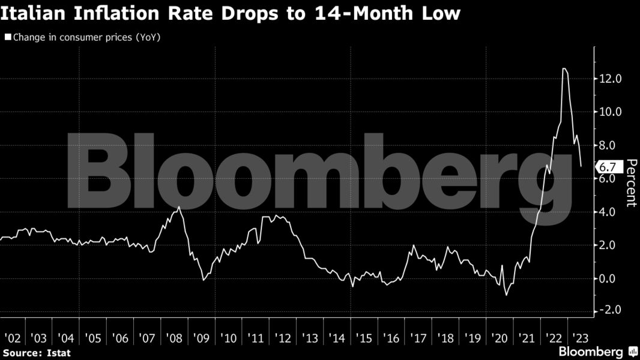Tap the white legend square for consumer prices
[x=8, y=37]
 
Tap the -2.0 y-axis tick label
[x=610, y=310]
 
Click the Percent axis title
[x=630, y=182]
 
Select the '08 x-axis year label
[x=175, y=338]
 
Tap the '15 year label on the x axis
[x=366, y=338]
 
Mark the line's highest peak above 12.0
[x=564, y=68]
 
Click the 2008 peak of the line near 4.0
[x=179, y=207]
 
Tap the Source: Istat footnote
[x=37, y=353]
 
